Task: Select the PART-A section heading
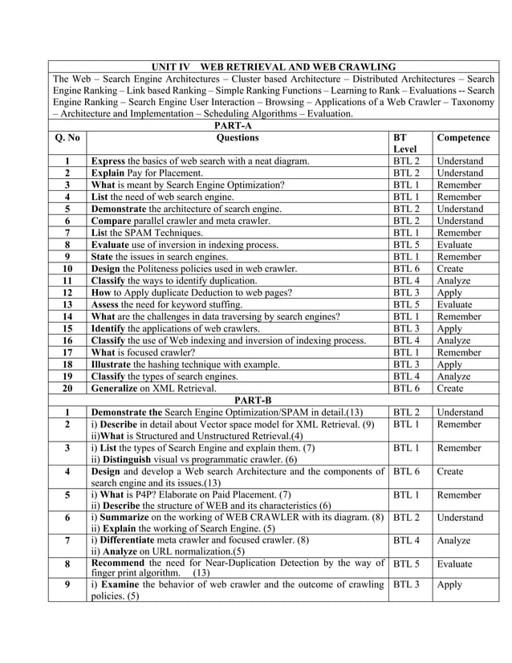234,125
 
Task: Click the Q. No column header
67,137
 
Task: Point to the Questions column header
238,137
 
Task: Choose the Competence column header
464,137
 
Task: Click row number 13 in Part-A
67,304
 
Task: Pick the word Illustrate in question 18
116,364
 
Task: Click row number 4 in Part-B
67,472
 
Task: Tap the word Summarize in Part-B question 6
127,518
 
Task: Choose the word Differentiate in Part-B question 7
132,541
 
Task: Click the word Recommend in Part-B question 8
122,563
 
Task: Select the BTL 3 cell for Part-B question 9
407,584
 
